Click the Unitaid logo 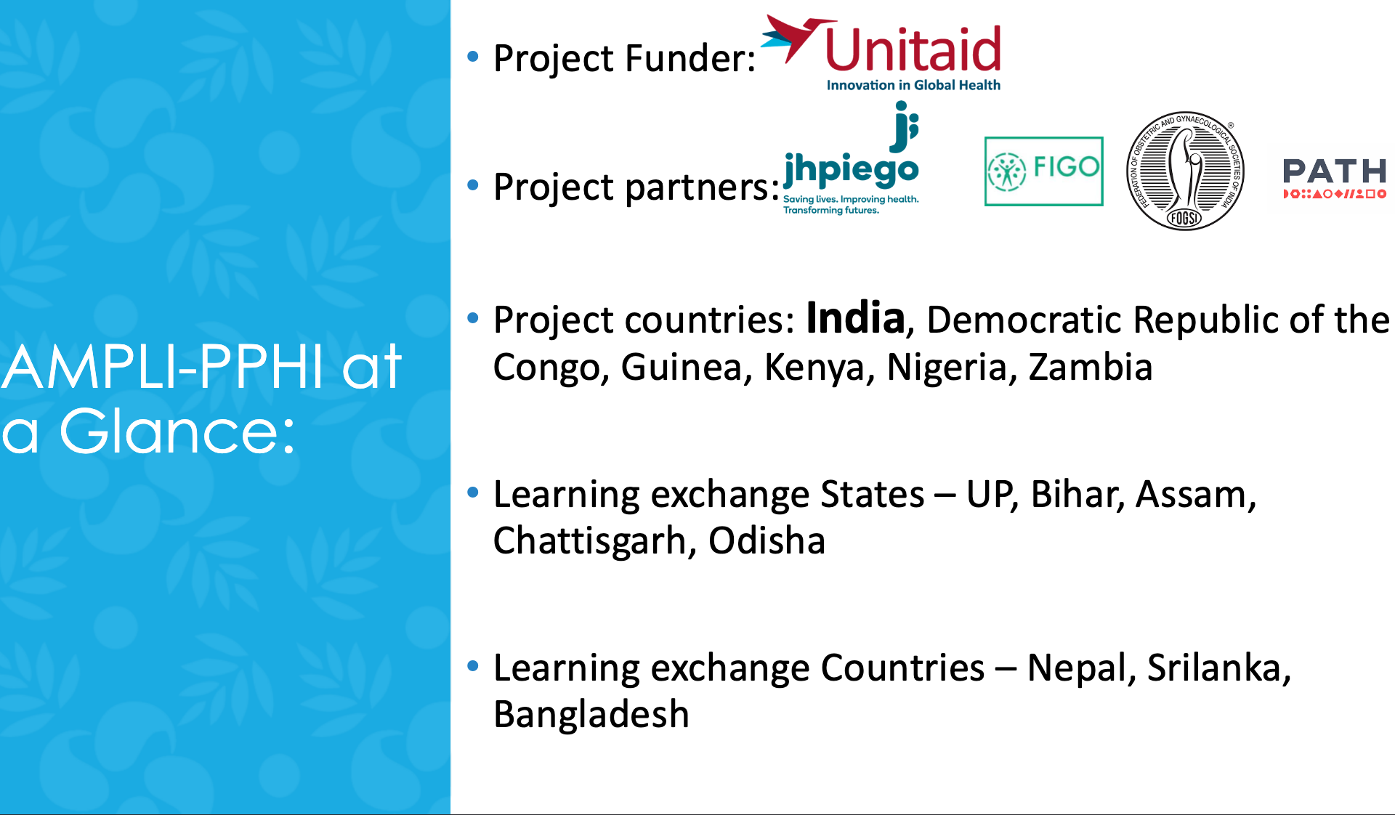pyautogui.click(x=881, y=54)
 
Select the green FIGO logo pyautogui.click(x=1043, y=171)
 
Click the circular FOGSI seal pyautogui.click(x=1185, y=171)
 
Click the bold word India pyautogui.click(x=855, y=319)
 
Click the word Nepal pyautogui.click(x=1075, y=669)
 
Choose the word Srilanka pyautogui.click(x=1213, y=668)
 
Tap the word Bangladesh pyautogui.click(x=591, y=714)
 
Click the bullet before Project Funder pyautogui.click(x=473, y=56)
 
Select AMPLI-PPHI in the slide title pyautogui.click(x=161, y=368)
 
